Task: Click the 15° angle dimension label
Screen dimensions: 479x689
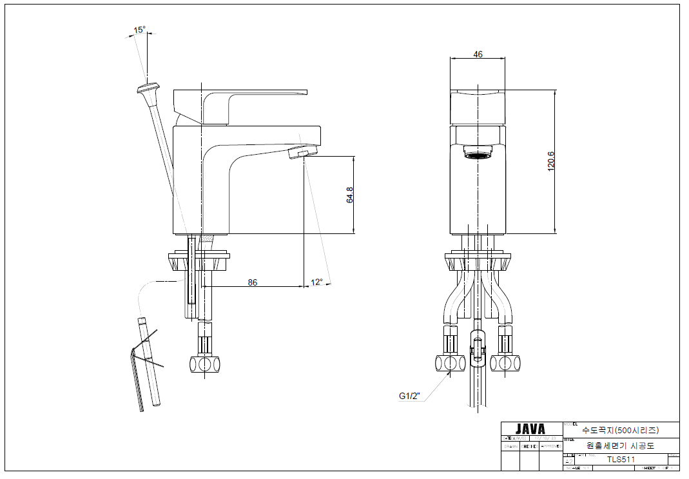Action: coord(139,30)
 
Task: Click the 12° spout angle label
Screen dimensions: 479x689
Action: coord(316,282)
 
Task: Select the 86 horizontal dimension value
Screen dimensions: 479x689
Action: coord(253,282)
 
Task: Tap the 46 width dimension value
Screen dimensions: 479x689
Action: coord(478,55)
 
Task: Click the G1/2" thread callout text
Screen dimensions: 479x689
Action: coord(409,396)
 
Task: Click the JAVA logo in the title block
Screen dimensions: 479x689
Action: coord(530,429)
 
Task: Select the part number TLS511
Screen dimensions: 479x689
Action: coord(621,460)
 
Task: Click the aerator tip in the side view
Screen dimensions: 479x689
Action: coord(303,153)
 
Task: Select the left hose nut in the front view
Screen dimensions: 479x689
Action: coord(451,364)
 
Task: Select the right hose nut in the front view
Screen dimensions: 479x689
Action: coord(505,364)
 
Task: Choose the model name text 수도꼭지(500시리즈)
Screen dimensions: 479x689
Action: coord(620,429)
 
